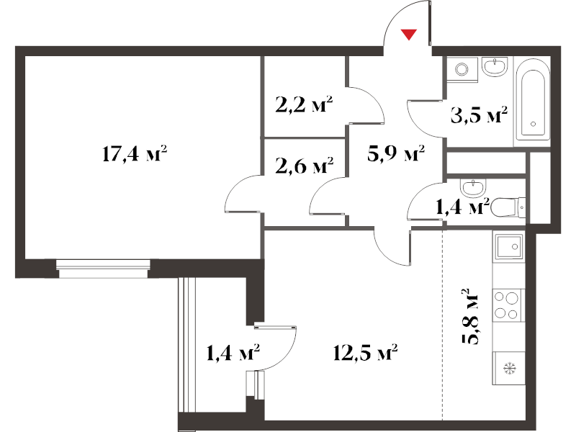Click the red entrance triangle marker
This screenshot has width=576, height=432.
(408, 34)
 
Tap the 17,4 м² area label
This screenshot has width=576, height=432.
(135, 153)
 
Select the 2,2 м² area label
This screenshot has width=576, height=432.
(304, 104)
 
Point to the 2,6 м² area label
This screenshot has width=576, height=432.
(304, 166)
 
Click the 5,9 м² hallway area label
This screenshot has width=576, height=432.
(396, 153)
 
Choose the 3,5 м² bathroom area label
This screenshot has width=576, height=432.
(479, 115)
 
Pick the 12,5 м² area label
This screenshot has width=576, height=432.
(366, 353)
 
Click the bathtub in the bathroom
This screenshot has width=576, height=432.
(533, 101)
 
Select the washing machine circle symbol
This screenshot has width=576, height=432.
(462, 68)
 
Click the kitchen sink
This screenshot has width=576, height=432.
(509, 246)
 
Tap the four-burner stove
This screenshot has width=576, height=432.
(509, 305)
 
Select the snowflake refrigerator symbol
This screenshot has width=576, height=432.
(510, 368)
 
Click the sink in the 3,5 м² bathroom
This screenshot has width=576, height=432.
(495, 66)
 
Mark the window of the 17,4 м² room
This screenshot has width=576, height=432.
(103, 269)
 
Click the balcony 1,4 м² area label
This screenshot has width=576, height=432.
(233, 353)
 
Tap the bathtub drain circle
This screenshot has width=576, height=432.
(533, 124)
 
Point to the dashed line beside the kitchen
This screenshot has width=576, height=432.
(443, 325)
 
